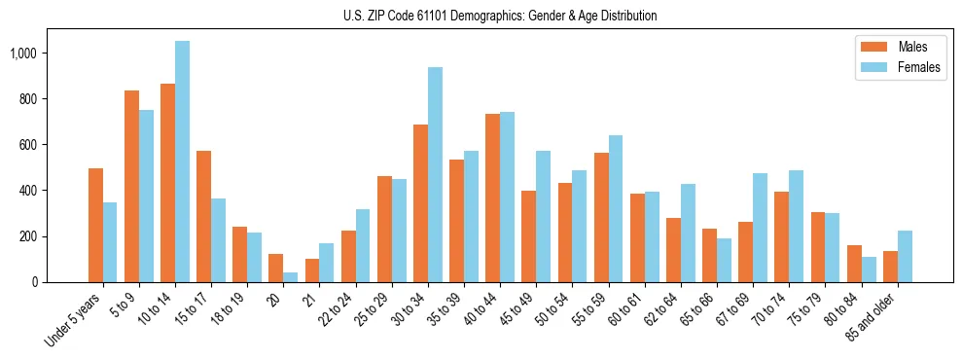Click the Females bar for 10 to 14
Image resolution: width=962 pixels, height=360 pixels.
(183, 162)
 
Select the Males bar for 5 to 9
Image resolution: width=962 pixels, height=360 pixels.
(132, 186)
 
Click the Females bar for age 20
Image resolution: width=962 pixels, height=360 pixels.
(291, 277)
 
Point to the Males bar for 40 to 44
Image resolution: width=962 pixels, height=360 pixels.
(493, 198)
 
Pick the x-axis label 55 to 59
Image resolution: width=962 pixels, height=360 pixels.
(593, 311)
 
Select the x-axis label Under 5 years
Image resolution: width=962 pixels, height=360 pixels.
(73, 321)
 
